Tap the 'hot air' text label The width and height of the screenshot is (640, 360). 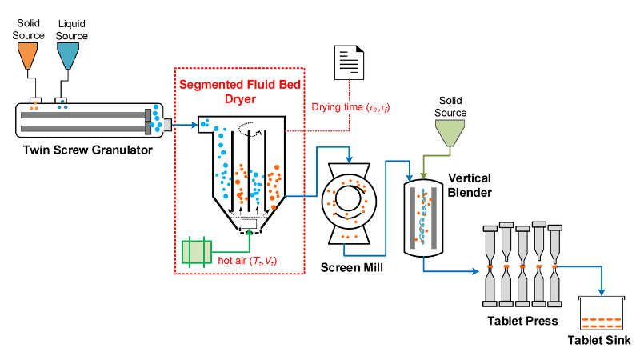(253, 260)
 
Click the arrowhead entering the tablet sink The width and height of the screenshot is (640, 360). (602, 291)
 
